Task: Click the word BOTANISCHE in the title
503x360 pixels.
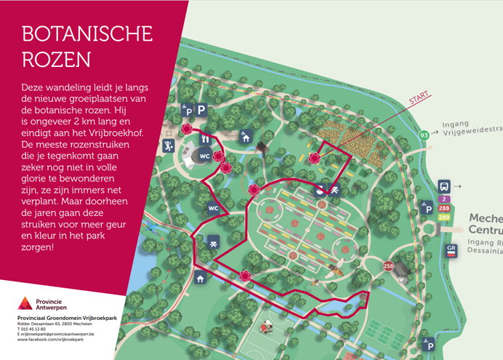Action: coord(86,34)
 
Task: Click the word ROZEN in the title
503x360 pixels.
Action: coord(53,59)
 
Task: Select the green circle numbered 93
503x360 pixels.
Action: coord(424,134)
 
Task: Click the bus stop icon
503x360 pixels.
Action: coord(444,185)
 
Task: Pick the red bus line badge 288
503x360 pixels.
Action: coord(443,208)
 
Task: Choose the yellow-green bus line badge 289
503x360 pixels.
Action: coord(443,217)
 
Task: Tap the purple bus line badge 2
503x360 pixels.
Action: coord(443,199)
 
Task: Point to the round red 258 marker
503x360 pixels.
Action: coord(388,265)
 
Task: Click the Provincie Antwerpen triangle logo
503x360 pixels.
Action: coord(25,303)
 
